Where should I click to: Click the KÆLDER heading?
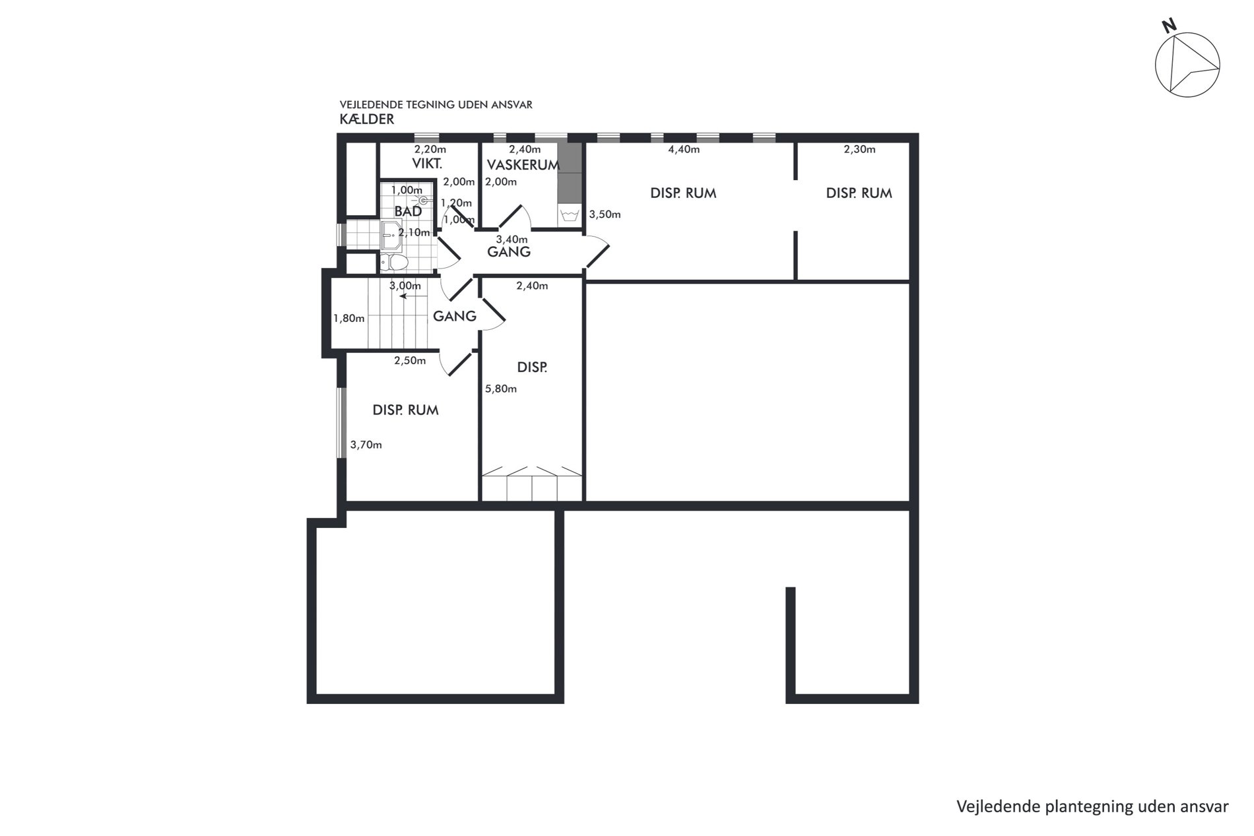click(x=367, y=119)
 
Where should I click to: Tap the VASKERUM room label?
click(x=523, y=165)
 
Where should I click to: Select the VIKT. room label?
click(x=427, y=164)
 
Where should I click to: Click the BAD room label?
click(x=408, y=212)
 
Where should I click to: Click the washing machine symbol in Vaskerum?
click(x=569, y=215)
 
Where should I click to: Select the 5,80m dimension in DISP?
click(x=501, y=389)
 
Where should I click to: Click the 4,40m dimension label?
click(x=684, y=149)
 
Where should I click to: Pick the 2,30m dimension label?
click(x=859, y=149)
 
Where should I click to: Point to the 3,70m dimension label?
click(x=366, y=445)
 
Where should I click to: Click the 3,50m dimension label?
click(x=605, y=214)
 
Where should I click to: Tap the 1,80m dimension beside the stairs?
click(x=349, y=318)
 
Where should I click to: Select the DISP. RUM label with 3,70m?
click(x=405, y=410)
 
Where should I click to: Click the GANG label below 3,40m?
click(x=509, y=251)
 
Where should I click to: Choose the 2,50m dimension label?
click(x=410, y=360)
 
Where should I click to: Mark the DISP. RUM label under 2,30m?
click(x=859, y=193)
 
